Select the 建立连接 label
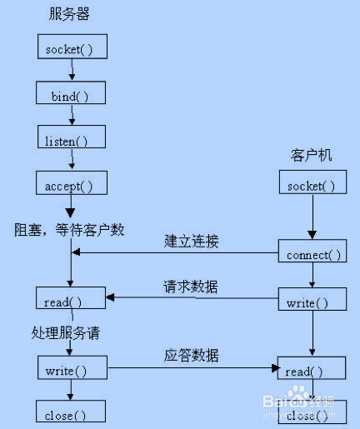[191, 242]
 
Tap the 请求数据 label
[191, 287]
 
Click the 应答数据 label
[191, 356]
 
